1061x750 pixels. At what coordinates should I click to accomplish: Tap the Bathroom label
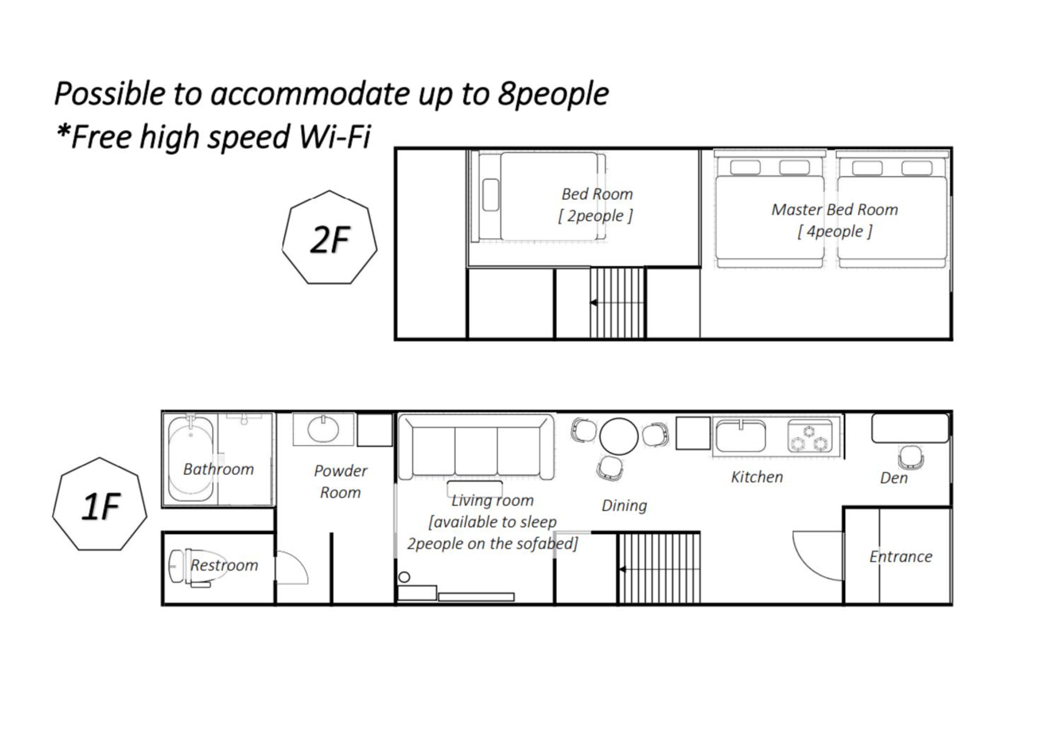click(x=219, y=469)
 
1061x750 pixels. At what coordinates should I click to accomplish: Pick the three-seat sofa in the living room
click(x=476, y=447)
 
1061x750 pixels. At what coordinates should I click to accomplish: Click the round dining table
click(x=619, y=436)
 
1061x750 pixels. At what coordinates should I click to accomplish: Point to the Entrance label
click(x=901, y=556)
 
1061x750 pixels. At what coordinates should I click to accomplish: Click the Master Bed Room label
click(x=835, y=210)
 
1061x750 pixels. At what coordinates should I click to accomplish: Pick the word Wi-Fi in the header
click(x=335, y=137)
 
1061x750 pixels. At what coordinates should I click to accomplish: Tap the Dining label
click(x=624, y=506)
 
